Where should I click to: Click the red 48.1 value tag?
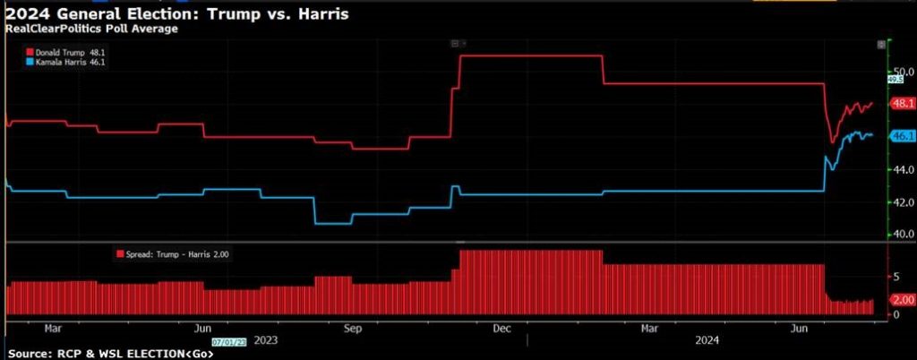click(x=900, y=103)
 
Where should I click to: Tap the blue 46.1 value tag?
click(x=900, y=136)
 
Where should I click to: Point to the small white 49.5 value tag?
click(x=893, y=80)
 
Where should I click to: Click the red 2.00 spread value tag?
click(x=900, y=300)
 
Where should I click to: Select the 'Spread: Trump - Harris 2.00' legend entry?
click(x=175, y=255)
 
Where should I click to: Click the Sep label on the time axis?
click(x=353, y=328)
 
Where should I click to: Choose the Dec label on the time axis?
click(x=501, y=328)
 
